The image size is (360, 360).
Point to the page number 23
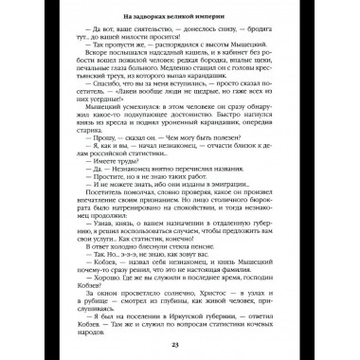point(180,342)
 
